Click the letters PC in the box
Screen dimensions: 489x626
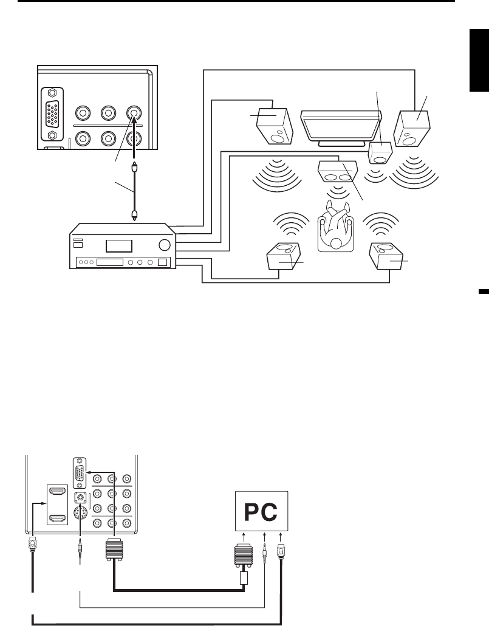click(x=261, y=514)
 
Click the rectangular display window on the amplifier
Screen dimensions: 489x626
click(x=118, y=246)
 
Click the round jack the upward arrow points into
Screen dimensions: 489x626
click(x=134, y=113)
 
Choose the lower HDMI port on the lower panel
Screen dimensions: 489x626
click(x=57, y=518)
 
